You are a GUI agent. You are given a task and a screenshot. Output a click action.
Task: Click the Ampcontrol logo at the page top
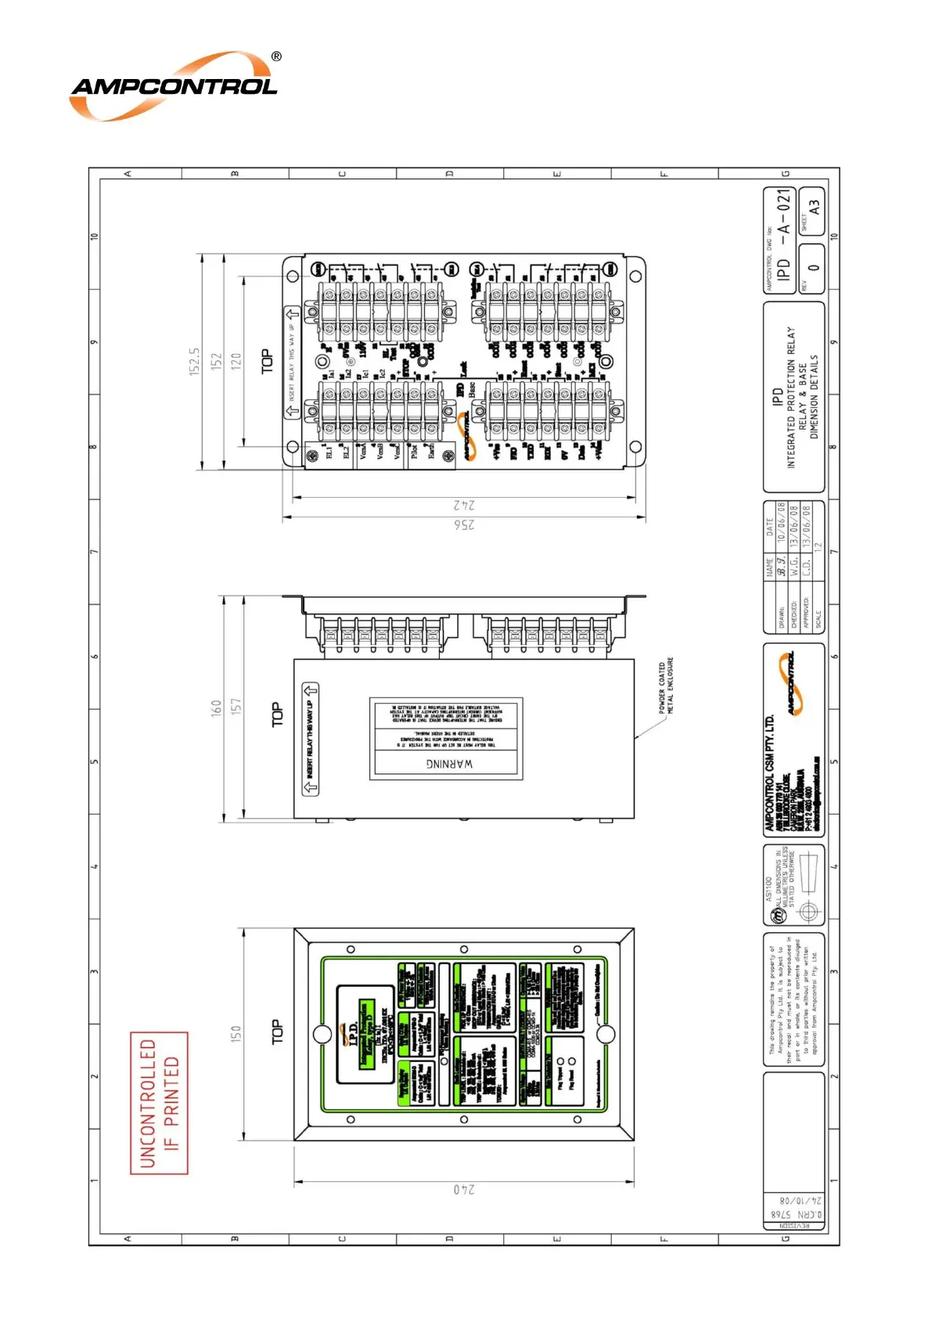(174, 86)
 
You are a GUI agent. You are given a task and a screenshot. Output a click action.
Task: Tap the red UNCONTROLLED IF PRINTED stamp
(159, 1103)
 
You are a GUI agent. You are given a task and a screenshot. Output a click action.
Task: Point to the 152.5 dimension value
(195, 362)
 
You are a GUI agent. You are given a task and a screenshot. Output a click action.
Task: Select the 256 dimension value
(464, 524)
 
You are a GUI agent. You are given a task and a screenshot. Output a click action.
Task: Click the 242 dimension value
(464, 505)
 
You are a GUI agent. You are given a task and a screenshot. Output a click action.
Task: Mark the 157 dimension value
(236, 706)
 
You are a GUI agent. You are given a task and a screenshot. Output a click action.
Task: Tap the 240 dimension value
(464, 1189)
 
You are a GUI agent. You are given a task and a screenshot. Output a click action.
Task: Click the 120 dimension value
(236, 361)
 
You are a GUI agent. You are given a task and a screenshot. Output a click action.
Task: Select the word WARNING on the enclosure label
(449, 763)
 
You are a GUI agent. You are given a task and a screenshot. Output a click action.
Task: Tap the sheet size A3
(814, 207)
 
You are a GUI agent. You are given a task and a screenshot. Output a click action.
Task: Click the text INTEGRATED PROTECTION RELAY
(790, 398)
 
